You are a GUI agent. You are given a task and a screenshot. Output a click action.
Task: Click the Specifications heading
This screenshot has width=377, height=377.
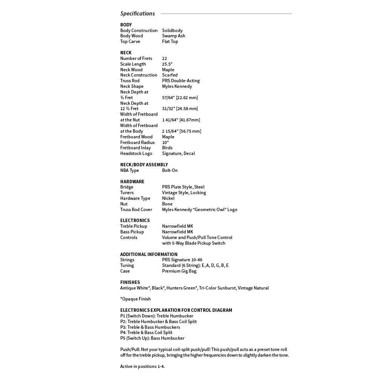[x=138, y=14]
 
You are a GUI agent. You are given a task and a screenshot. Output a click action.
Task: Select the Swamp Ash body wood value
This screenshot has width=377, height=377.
[x=173, y=36]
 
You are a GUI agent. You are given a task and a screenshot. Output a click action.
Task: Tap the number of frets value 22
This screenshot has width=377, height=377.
[x=164, y=58]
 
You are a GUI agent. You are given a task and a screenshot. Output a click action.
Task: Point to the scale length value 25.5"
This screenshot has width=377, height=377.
[x=167, y=64]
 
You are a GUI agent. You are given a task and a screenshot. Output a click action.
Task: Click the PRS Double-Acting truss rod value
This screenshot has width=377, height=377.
[x=181, y=81]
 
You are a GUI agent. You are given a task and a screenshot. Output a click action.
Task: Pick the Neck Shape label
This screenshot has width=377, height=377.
[x=132, y=86]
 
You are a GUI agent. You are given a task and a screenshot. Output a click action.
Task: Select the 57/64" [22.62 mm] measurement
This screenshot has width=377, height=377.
[x=180, y=98]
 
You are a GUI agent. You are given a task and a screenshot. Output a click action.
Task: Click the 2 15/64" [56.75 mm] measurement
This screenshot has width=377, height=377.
[x=182, y=131]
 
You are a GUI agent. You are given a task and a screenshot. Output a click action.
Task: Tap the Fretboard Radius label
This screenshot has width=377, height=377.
[x=137, y=143]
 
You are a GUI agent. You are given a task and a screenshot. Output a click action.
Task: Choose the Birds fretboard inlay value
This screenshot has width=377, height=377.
[x=167, y=148]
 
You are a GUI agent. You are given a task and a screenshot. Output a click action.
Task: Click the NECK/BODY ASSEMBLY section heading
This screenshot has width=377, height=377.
[x=144, y=165]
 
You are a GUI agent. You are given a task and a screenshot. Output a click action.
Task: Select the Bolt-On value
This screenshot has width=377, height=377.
[x=170, y=170]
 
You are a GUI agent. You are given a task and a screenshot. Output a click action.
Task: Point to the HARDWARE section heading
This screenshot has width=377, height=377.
[x=132, y=182]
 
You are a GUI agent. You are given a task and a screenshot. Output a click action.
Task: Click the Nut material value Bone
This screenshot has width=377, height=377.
[x=167, y=204]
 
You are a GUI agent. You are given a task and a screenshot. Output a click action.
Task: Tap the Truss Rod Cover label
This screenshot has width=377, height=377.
[x=136, y=210]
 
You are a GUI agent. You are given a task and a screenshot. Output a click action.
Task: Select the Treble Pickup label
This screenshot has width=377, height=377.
[x=134, y=226]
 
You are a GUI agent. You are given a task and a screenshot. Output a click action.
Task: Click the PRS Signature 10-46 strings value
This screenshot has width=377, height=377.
[x=182, y=260]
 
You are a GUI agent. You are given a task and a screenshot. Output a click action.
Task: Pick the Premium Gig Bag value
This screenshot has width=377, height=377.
[x=179, y=271]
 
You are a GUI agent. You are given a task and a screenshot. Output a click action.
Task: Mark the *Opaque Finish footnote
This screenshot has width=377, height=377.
[x=135, y=299]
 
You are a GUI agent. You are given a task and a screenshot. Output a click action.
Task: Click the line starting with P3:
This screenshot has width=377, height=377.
[x=150, y=327]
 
